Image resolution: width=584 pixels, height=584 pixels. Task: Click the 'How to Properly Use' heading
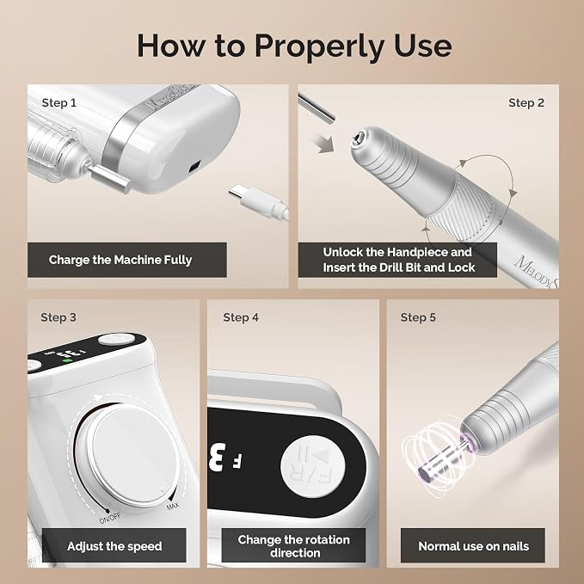(294, 46)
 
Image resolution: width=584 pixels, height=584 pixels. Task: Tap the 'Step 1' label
(58, 103)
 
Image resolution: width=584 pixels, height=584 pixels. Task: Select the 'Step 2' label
(526, 103)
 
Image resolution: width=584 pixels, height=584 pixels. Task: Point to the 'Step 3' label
(58, 317)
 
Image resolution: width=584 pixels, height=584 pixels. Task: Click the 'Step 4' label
(241, 317)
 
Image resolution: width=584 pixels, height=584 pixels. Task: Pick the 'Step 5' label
(418, 317)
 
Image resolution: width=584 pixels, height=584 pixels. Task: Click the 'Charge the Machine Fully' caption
(120, 260)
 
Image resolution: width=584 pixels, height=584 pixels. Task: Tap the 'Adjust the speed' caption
(114, 546)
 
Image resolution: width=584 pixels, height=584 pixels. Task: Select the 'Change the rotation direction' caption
(294, 546)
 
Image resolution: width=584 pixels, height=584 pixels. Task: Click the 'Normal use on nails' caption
(473, 546)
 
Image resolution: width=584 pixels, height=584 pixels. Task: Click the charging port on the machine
(194, 167)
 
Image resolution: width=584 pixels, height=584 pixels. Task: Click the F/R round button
(313, 467)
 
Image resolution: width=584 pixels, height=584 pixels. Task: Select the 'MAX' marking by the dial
(172, 506)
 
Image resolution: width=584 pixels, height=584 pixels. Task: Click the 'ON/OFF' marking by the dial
(110, 518)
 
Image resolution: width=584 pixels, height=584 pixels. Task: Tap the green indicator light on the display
(67, 360)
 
